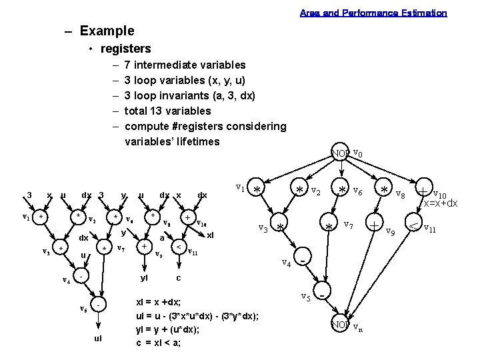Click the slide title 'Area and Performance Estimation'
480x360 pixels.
click(373, 13)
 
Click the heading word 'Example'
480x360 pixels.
click(107, 31)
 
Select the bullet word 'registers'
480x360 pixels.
click(125, 49)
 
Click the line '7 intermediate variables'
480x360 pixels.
click(185, 65)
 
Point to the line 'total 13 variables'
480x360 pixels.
click(167, 111)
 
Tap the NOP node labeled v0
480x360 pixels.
click(341, 154)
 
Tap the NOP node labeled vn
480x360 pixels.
click(341, 325)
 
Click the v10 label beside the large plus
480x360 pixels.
click(440, 193)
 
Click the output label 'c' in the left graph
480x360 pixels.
click(178, 277)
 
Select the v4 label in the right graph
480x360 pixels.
click(287, 263)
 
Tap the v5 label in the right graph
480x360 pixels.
click(305, 296)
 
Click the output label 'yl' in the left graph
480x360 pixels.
click(144, 277)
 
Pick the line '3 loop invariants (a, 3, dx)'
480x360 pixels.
click(190, 95)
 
